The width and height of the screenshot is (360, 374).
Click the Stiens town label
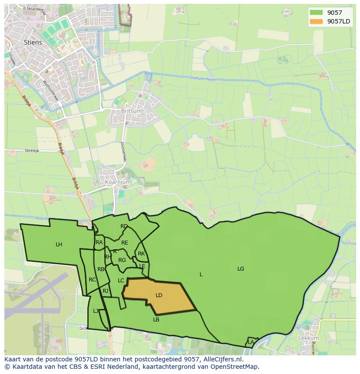pos(33,42)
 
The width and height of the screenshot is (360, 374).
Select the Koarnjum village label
pos(118,182)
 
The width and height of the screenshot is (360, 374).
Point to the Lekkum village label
pos(309,338)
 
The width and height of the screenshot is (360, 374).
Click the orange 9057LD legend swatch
pos(317,21)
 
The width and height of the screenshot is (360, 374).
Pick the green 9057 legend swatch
pos(317,13)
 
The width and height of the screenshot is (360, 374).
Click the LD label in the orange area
pos(159,295)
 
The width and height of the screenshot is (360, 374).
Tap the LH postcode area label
pos(59,245)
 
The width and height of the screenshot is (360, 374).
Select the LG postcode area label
pos(241,269)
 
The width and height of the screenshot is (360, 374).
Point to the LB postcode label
pos(156,320)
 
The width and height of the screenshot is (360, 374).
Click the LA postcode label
pos(251,342)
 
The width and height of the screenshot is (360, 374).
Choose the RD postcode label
pos(124,226)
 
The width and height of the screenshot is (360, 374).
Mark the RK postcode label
pos(141,254)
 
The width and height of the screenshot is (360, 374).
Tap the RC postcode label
pos(92,280)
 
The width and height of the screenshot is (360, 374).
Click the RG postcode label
pos(122,260)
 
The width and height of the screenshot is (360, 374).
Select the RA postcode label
pos(99,242)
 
